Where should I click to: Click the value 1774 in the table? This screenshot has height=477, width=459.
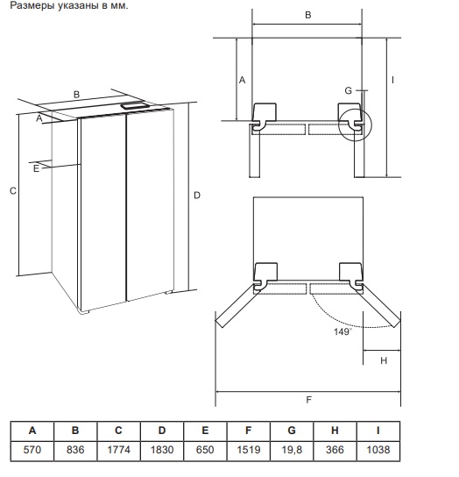(x=118, y=450)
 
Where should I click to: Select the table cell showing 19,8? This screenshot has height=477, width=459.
(x=292, y=450)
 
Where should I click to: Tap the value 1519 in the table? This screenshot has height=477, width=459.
(x=249, y=450)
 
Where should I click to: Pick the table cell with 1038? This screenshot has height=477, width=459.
(x=378, y=450)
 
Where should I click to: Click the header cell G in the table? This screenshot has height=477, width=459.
(x=292, y=431)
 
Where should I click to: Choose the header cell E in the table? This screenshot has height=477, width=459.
(x=205, y=431)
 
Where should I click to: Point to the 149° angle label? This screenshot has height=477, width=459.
(x=342, y=331)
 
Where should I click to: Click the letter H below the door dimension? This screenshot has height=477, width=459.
(x=384, y=360)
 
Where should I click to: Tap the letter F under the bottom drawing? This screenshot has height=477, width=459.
(x=308, y=400)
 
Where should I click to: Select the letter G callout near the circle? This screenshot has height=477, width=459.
(x=348, y=90)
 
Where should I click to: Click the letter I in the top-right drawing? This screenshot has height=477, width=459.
(x=392, y=80)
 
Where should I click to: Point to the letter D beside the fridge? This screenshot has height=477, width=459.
(x=197, y=196)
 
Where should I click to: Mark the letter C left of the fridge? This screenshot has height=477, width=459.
(x=13, y=191)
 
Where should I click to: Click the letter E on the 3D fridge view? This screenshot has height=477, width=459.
(x=36, y=168)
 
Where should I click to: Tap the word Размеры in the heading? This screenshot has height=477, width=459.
(x=32, y=6)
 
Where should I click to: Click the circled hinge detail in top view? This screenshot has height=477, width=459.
(x=355, y=125)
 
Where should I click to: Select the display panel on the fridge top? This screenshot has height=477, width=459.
(x=135, y=106)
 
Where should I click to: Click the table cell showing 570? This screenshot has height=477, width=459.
(x=32, y=450)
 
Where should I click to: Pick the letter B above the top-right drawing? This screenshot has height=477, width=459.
(x=308, y=15)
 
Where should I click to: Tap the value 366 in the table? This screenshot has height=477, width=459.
(x=335, y=450)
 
